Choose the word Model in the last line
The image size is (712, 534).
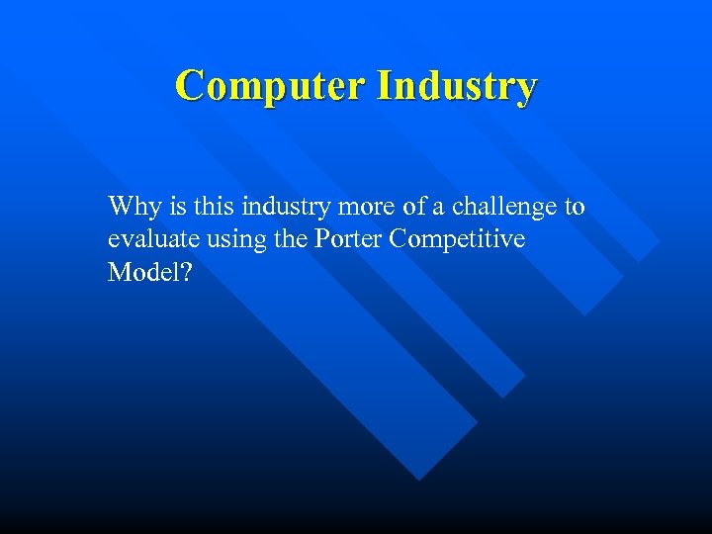click(x=141, y=272)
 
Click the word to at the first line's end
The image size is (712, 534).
click(x=574, y=207)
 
